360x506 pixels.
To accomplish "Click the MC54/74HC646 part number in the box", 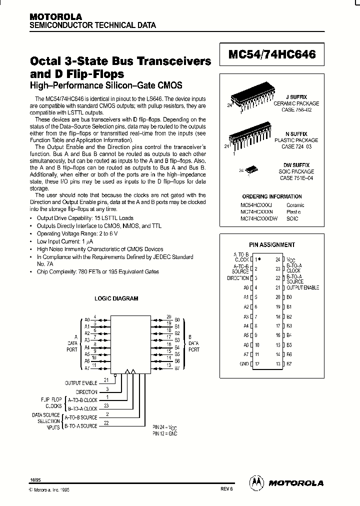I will (272, 55).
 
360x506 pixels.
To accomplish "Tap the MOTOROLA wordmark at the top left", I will (55, 17).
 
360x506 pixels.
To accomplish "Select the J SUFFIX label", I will (297, 96).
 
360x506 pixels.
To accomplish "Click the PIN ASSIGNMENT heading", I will (272, 244).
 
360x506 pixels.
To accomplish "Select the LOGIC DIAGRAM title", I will (116, 298).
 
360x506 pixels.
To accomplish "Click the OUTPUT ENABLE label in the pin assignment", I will (302, 287).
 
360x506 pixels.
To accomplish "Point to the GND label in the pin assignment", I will (244, 363).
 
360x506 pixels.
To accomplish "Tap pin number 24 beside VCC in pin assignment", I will (278, 259).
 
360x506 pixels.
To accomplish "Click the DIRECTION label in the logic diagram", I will (86, 392).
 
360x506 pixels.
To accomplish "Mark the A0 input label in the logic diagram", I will (87, 319).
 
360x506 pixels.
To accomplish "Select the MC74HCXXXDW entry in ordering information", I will (258, 218).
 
